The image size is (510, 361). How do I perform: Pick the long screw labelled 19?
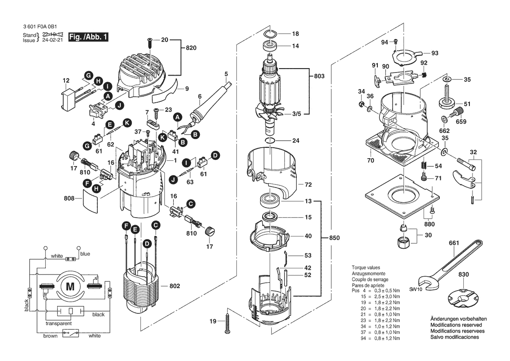click(227, 323)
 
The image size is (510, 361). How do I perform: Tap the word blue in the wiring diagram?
click(85, 254)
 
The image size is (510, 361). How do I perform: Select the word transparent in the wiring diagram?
click(58, 323)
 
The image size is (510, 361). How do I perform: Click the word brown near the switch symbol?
click(50, 336)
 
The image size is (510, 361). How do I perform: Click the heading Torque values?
click(366, 267)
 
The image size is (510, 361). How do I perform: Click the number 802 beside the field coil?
click(174, 286)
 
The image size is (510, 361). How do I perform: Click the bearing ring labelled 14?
click(270, 45)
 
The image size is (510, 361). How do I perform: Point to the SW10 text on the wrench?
click(415, 290)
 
